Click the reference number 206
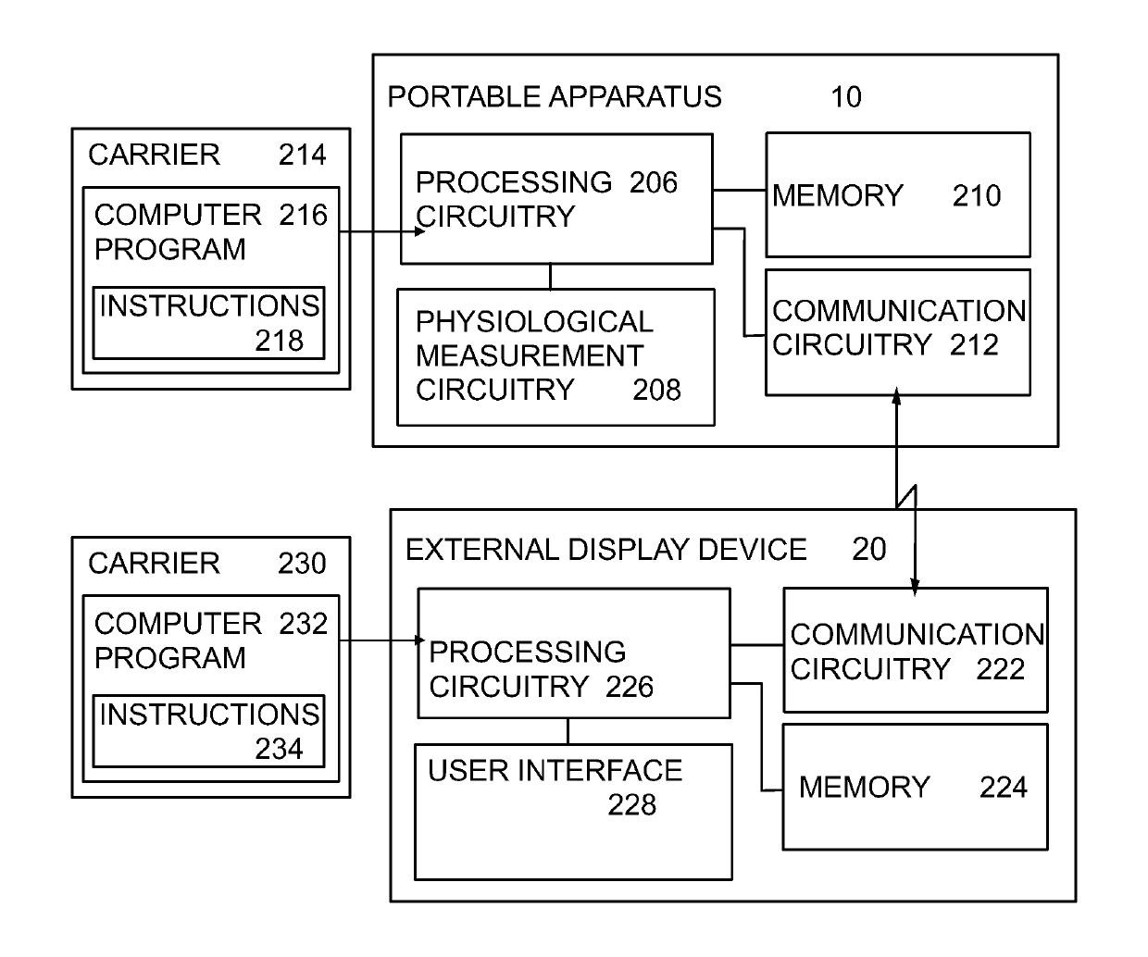654,182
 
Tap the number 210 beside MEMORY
977,195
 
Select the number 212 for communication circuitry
974,345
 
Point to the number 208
656,391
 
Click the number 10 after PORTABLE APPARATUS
846,97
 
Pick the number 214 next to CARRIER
303,155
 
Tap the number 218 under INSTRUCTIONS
280,341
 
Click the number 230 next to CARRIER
303,564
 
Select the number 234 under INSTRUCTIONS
280,750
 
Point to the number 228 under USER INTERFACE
631,805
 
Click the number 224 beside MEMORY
1004,788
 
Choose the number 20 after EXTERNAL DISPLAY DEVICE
869,549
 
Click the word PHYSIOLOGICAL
534,322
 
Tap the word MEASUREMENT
530,356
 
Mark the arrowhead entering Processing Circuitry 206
419,232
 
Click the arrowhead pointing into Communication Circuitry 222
915,588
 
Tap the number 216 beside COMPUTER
304,215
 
